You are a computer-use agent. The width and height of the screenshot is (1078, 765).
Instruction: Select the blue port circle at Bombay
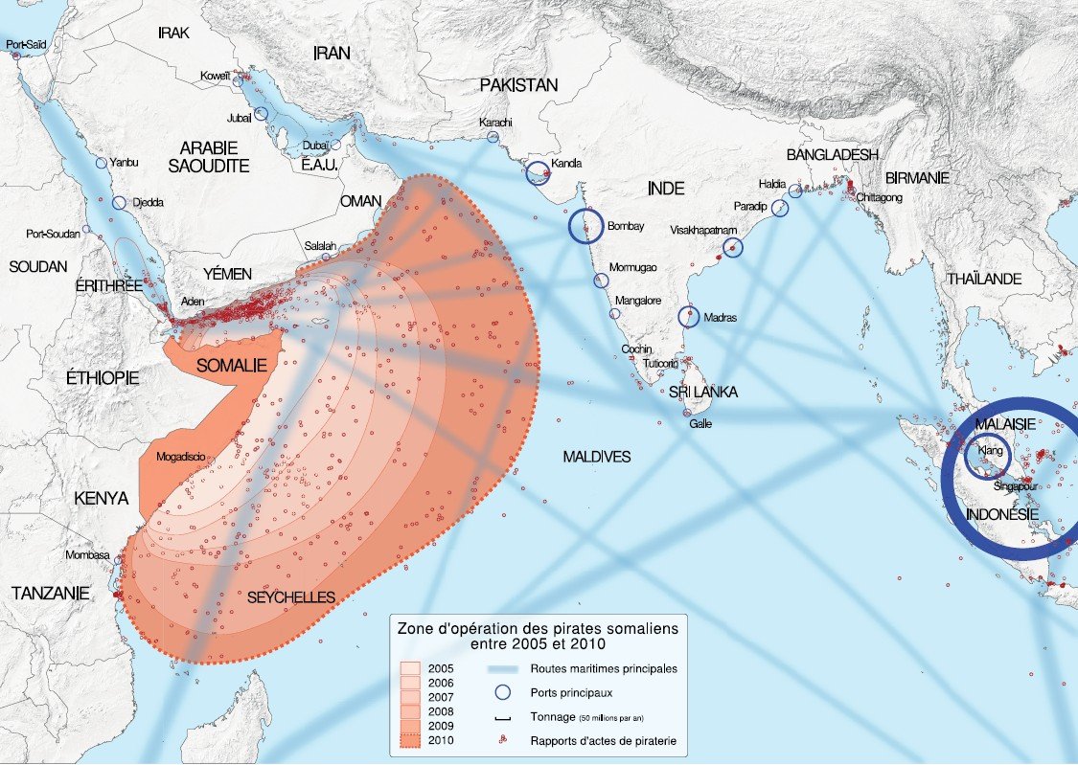point(585,226)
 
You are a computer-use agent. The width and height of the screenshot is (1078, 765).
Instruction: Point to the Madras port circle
point(689,317)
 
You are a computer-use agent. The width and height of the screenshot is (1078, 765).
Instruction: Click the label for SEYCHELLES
point(291,597)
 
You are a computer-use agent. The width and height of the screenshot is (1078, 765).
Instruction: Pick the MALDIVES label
point(597,457)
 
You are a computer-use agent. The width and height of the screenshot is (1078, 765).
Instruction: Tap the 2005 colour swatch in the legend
point(411,668)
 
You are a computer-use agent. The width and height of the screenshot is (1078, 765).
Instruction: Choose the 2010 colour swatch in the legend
point(411,741)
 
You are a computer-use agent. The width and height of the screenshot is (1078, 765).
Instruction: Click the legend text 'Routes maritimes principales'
point(604,668)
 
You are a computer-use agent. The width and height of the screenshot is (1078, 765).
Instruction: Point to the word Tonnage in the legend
point(552,717)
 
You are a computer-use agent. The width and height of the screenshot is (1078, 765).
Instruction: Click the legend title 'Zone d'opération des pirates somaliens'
point(538,629)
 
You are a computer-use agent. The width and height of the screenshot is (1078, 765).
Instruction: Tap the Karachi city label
point(495,123)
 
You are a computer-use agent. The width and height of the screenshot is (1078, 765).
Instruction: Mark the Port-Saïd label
point(27,44)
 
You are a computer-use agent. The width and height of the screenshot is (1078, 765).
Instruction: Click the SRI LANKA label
point(703,393)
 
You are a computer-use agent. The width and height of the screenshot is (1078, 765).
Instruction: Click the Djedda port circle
point(119,203)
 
